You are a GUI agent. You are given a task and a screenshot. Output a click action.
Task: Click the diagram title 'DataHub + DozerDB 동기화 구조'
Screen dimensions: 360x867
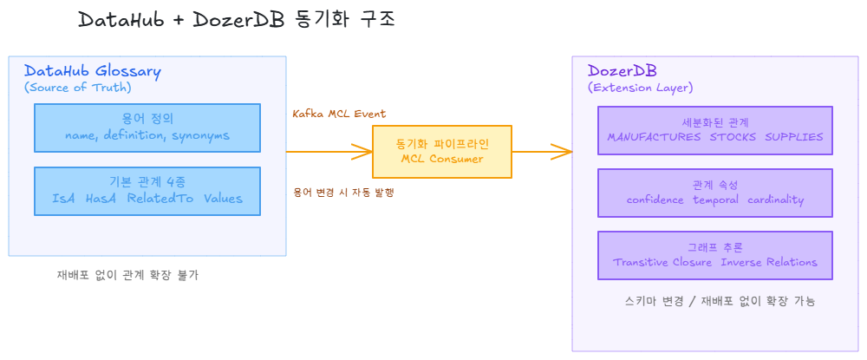coord(236,19)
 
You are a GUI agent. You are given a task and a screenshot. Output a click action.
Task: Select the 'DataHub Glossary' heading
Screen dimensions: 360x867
coord(92,72)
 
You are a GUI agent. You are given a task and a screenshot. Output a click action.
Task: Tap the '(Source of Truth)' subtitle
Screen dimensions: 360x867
coord(77,88)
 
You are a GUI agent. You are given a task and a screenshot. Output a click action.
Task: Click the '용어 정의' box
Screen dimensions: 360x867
coord(147,128)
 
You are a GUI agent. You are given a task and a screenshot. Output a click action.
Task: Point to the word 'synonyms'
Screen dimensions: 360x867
coord(200,136)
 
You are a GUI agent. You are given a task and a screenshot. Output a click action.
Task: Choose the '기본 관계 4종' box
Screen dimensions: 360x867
coord(147,191)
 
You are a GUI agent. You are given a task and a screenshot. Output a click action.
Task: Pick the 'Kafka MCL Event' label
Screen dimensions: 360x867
coord(339,114)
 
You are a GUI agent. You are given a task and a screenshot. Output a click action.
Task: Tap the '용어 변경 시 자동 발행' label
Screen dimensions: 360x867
coord(343,193)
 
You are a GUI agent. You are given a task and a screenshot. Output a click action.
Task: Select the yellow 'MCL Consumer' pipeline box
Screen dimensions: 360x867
coord(441,152)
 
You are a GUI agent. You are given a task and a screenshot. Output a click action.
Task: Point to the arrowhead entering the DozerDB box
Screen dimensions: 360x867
coord(564,152)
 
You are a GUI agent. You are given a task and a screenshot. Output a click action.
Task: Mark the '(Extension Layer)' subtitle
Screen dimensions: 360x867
coord(640,88)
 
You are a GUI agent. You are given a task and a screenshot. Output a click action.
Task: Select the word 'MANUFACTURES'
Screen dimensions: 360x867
coord(654,137)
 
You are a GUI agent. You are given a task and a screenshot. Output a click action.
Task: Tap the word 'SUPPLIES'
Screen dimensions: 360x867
coord(793,137)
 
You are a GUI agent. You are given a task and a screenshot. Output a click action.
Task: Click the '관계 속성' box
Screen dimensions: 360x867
coord(714,193)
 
